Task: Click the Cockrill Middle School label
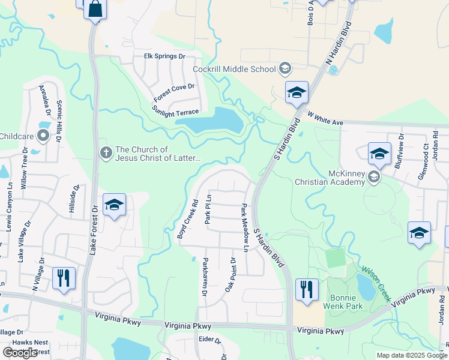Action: (x=234, y=69)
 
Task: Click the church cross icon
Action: (x=106, y=154)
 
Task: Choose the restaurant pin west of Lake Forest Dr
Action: (x=64, y=278)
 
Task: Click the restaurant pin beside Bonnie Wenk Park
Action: (x=307, y=290)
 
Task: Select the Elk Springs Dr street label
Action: (x=165, y=56)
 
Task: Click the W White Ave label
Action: (x=325, y=118)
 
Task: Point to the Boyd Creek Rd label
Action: (x=188, y=220)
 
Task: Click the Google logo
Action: (x=20, y=353)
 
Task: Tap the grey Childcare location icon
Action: (x=43, y=137)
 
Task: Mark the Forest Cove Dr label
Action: (x=175, y=93)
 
